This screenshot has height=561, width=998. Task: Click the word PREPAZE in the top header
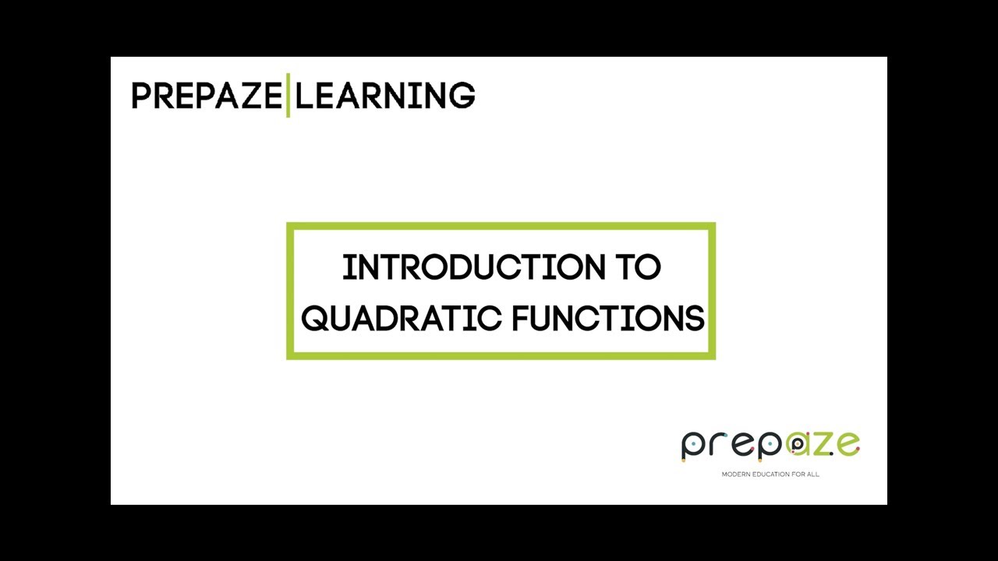pos(206,96)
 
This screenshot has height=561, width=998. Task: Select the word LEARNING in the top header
pos(385,96)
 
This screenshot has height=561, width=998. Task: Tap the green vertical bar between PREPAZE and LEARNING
pos(288,96)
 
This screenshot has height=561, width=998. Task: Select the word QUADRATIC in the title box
pos(401,319)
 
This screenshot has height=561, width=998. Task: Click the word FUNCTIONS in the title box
pos(608,319)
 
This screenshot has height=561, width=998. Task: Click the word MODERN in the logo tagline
pos(734,474)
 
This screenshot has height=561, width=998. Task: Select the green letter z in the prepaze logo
pos(825,444)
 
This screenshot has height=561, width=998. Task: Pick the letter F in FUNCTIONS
pos(520,319)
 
